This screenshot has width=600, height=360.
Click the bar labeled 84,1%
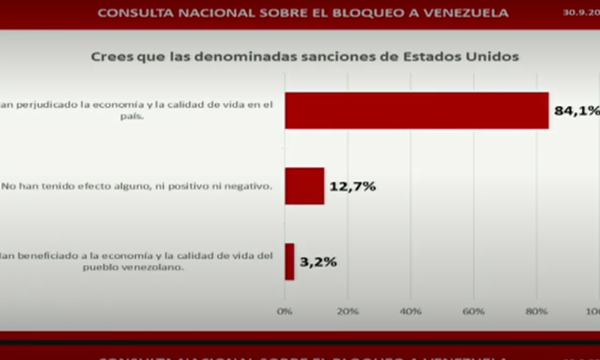coord(416,111)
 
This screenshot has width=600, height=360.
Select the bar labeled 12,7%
coord(304,186)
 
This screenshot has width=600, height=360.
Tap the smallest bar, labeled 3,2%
coord(289,262)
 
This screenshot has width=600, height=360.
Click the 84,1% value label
coord(576,111)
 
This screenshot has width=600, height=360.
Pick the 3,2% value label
coord(318,262)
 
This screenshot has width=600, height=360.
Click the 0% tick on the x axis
coord(285,310)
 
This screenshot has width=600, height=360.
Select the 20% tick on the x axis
coord(347,310)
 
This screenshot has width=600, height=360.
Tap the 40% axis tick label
coord(410,310)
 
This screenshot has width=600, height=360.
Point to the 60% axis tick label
coord(473,310)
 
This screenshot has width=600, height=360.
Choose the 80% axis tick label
coord(536,310)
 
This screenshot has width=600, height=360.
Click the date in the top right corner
coord(580,13)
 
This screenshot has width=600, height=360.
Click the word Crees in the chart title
coord(109,57)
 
